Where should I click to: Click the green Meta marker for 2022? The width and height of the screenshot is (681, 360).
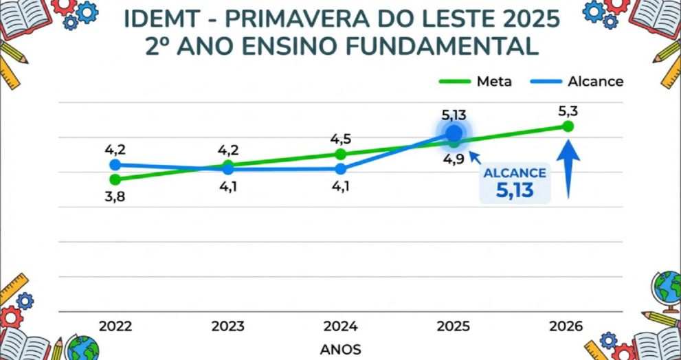pos(115,179)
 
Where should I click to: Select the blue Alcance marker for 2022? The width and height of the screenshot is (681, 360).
pos(115,165)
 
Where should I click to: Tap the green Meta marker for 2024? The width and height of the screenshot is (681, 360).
pos(340,154)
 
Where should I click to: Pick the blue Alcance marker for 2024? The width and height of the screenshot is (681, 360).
pos(340,168)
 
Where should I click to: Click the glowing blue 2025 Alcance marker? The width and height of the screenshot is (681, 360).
pos(454,133)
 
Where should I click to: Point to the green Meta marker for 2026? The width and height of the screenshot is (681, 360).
pos(568,126)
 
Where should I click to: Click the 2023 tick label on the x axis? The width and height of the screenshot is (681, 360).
pos(227,326)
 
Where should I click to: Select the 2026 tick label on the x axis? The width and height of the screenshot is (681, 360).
pos(568,326)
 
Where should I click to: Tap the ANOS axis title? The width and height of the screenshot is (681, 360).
pos(340,349)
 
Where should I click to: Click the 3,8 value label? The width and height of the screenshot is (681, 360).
pos(115,196)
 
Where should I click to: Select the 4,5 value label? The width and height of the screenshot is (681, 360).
pos(340,139)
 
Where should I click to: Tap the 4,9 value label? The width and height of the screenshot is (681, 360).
pos(454,159)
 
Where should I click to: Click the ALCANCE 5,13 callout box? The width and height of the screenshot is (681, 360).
pos(515,183)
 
